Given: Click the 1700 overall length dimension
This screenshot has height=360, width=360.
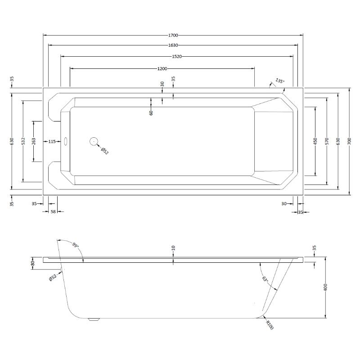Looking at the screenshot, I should (x=173, y=35).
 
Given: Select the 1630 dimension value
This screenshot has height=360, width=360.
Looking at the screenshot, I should (x=173, y=45).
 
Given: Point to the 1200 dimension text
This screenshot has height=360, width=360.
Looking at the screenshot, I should (x=162, y=68).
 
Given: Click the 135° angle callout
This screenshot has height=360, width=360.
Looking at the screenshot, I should (x=280, y=81).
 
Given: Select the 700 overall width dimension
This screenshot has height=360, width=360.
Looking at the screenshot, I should (x=349, y=141).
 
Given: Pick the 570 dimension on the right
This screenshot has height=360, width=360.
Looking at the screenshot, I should (x=327, y=141).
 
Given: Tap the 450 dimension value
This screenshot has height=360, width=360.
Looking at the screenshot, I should (x=315, y=141).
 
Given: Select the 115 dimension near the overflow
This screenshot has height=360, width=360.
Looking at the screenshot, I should (x=52, y=141).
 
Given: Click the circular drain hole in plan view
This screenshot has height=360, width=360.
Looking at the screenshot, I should (x=94, y=141).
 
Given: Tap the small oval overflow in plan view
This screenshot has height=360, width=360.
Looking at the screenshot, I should (x=66, y=141).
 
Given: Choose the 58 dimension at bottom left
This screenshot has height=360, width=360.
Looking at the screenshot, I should (x=53, y=211).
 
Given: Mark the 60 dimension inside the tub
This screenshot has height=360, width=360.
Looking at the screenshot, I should (x=151, y=112).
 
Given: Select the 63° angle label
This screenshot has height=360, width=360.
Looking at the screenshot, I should (x=265, y=279).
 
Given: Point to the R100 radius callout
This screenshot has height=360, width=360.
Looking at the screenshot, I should (x=269, y=325).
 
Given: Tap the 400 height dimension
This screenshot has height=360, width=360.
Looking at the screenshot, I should (x=326, y=288).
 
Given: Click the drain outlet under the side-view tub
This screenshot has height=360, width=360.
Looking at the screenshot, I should (x=94, y=319).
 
